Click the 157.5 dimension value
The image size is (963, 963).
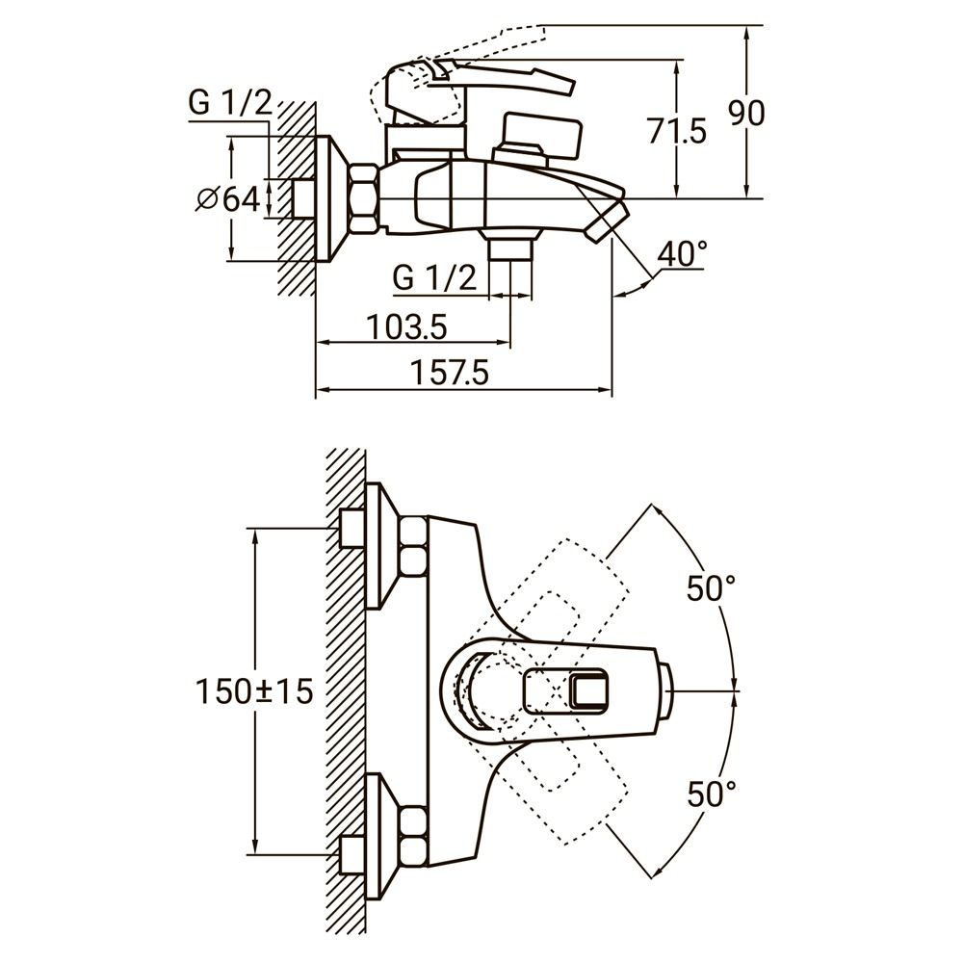tap(451, 372)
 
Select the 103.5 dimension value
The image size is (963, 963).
tap(406, 327)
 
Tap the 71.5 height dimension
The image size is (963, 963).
tap(676, 130)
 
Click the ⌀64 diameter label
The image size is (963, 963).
tap(227, 199)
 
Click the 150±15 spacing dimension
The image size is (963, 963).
tap(254, 690)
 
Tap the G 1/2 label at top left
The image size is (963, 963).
tap(231, 103)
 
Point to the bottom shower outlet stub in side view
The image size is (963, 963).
tap(510, 248)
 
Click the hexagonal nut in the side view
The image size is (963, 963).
tap(364, 199)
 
